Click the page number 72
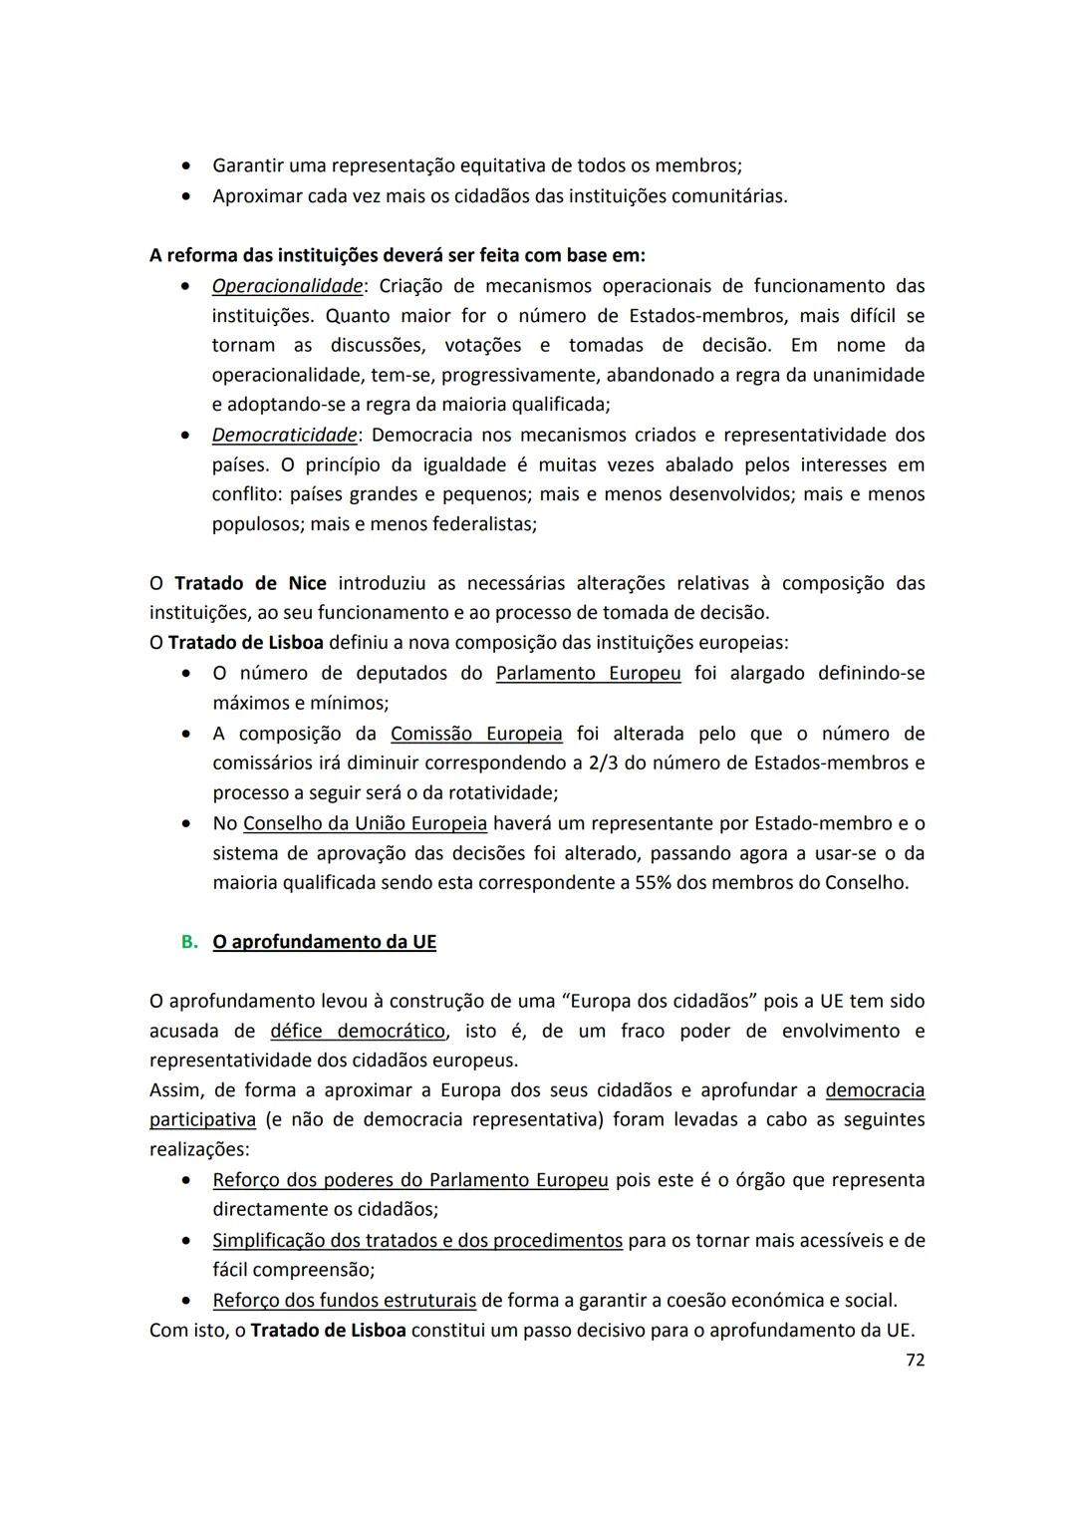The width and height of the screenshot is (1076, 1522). [x=915, y=1360]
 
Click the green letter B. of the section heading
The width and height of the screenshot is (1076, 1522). [x=189, y=942]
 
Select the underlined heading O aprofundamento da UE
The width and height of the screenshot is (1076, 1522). [x=324, y=942]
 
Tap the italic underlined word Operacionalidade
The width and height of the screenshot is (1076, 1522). [x=287, y=286]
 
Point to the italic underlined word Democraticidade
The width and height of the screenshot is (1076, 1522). [x=284, y=435]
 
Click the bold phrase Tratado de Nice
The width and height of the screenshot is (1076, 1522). [x=250, y=583]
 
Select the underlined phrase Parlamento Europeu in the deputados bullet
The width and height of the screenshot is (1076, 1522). [x=588, y=673]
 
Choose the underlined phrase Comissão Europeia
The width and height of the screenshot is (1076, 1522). [x=476, y=734]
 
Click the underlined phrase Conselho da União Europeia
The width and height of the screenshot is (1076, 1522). [x=365, y=823]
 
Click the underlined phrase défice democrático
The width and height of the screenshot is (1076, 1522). [x=357, y=1031]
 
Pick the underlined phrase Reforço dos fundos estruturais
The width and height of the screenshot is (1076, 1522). [x=344, y=1301]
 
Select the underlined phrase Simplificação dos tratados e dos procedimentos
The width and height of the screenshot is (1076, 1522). [x=417, y=1241]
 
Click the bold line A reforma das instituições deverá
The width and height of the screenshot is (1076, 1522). [x=397, y=255]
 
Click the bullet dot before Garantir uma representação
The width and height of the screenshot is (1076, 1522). [x=186, y=165]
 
